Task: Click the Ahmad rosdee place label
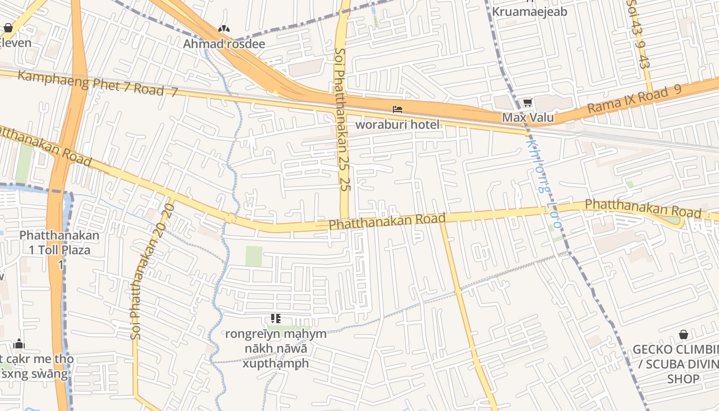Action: [x=224, y=44]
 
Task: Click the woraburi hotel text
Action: [x=398, y=124]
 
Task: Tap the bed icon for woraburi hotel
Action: [x=397, y=109]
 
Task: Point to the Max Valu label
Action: [x=527, y=118]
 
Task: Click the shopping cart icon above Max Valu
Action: [x=527, y=103]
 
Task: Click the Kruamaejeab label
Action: [x=529, y=11]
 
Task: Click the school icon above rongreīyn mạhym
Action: [x=276, y=319]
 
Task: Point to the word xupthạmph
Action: [x=276, y=363]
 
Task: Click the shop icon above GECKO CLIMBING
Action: [x=684, y=335]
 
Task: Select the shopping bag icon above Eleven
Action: [x=9, y=28]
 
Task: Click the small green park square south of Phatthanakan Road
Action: [x=254, y=256]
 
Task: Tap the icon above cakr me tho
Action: [x=19, y=344]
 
